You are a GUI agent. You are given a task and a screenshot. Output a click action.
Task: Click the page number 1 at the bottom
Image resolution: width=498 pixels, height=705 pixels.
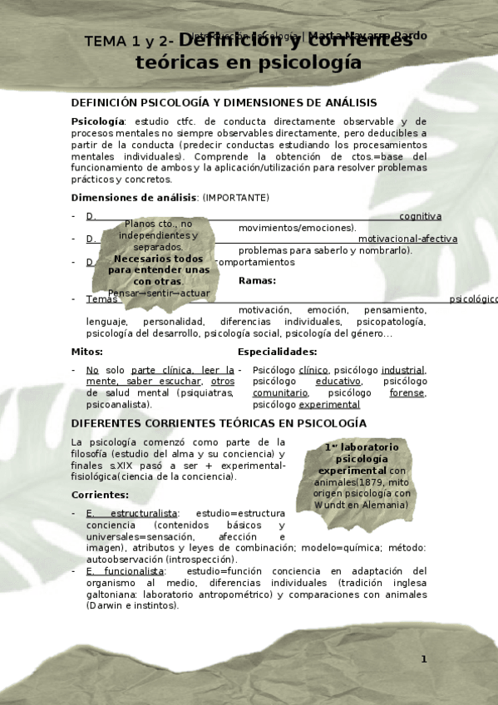point(423,659)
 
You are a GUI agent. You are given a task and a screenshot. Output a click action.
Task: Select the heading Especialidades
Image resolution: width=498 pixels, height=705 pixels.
point(277,352)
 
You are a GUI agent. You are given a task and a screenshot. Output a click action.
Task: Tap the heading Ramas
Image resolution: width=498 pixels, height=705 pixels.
point(257,280)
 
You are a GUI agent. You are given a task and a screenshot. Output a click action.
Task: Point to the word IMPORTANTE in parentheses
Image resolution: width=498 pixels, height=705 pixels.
point(235,197)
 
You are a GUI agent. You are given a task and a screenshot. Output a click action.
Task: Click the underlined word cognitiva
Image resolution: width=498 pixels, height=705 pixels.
point(420,216)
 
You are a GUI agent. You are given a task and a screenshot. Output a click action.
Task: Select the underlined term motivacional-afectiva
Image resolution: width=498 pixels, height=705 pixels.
point(407,239)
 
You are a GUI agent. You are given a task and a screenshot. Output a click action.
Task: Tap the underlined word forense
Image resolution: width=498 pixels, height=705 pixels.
point(407,392)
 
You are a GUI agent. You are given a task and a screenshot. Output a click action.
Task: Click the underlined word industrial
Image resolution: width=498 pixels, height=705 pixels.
point(404,370)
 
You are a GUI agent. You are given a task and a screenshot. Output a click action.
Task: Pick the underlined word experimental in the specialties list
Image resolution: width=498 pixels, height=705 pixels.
point(329,405)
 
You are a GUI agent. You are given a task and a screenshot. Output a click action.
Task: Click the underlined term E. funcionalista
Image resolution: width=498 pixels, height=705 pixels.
point(125,571)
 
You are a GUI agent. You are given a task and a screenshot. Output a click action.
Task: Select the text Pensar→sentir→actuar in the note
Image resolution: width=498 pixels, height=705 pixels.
point(159,293)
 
